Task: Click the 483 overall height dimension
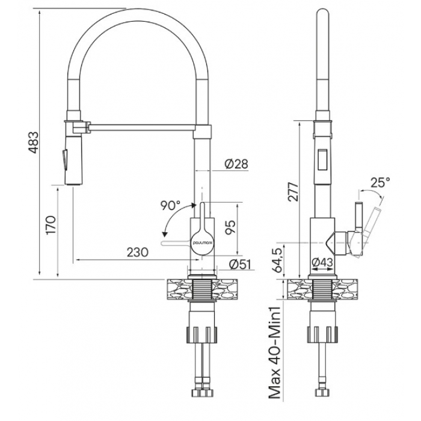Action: [x=34, y=143]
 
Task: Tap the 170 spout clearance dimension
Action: [x=51, y=225]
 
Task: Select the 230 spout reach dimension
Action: [x=138, y=252]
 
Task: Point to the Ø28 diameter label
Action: [x=236, y=164]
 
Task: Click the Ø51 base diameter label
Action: [x=240, y=264]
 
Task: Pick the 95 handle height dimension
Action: [x=230, y=227]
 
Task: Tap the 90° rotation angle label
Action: [x=171, y=206]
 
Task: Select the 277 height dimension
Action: [x=293, y=192]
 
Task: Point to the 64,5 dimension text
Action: [x=278, y=260]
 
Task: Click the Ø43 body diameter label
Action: [x=322, y=262]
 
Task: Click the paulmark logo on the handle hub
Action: [x=203, y=242]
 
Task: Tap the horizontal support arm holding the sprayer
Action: [x=143, y=128]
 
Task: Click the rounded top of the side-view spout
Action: [x=322, y=13]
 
